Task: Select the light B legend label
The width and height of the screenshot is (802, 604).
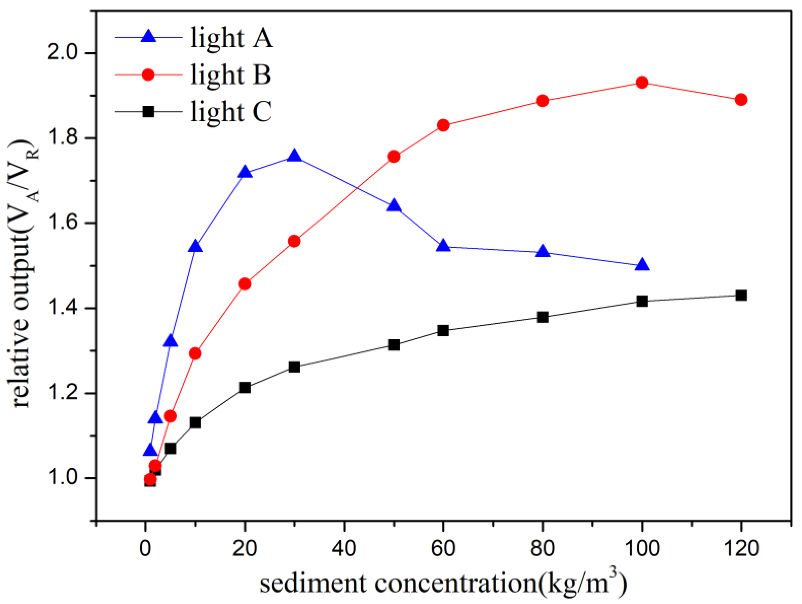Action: click(231, 75)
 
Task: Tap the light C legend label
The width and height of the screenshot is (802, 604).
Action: click(231, 112)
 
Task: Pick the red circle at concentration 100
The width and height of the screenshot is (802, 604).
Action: click(642, 83)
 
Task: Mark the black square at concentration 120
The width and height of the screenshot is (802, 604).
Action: click(741, 295)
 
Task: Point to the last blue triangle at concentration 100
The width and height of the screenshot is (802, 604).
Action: click(642, 265)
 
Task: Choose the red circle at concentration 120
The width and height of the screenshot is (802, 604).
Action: click(741, 99)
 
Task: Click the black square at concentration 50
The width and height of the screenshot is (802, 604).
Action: click(394, 345)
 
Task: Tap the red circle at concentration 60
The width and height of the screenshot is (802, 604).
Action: click(444, 125)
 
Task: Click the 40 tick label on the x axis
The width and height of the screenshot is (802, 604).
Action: click(344, 548)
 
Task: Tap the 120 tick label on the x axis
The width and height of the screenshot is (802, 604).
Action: click(741, 548)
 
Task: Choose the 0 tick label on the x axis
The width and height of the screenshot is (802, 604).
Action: click(145, 548)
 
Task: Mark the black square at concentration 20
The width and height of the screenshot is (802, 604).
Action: click(245, 387)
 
